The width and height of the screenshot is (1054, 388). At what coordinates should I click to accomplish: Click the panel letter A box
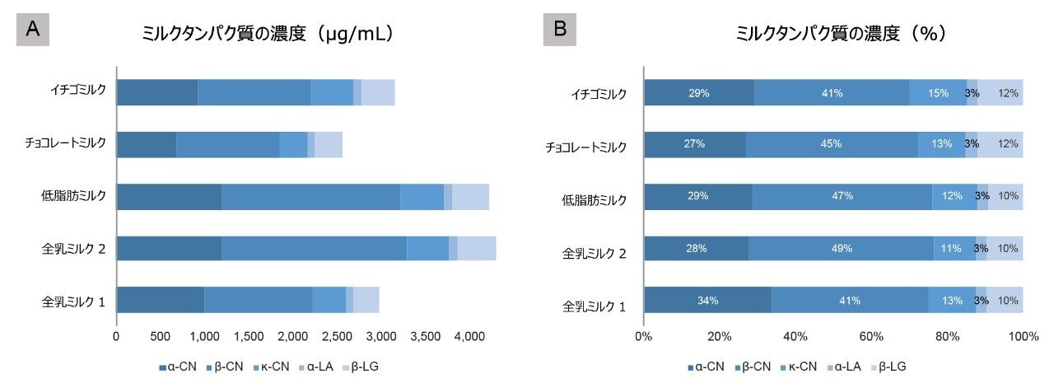click(x=33, y=30)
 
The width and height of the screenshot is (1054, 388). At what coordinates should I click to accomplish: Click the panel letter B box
click(x=560, y=30)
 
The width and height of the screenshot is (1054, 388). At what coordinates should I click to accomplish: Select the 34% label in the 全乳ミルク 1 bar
click(x=708, y=301)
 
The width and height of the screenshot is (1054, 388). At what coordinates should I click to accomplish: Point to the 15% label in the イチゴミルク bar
click(x=938, y=93)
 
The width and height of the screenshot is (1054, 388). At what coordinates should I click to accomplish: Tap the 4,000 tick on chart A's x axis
click(x=469, y=336)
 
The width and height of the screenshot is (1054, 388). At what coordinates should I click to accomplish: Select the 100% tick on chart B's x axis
click(x=1023, y=336)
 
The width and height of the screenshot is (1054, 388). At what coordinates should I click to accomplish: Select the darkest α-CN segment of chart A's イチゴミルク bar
click(x=156, y=93)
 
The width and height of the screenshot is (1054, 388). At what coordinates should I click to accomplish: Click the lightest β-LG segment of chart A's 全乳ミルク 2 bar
click(x=476, y=249)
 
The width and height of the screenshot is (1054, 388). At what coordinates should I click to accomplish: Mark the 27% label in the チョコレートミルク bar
click(x=694, y=144)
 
